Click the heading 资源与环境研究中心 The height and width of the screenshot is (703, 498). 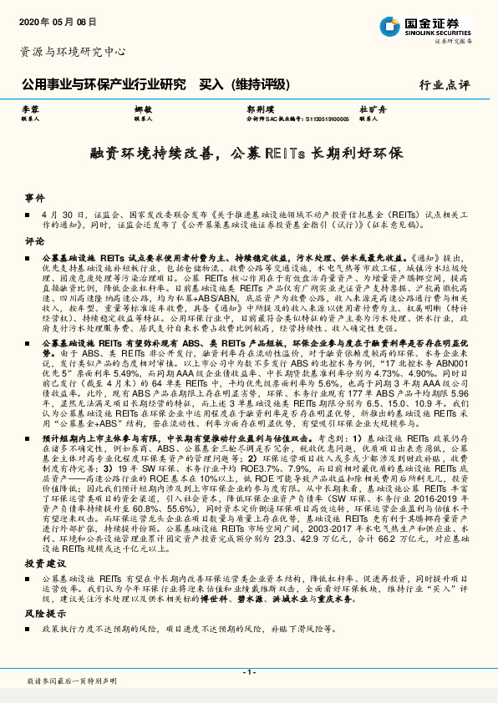(x=73, y=53)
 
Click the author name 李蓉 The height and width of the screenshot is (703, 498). (x=30, y=110)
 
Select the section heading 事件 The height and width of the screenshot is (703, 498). (x=34, y=198)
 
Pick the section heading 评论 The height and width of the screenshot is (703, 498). (x=34, y=240)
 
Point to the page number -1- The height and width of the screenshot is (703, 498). (x=248, y=672)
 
